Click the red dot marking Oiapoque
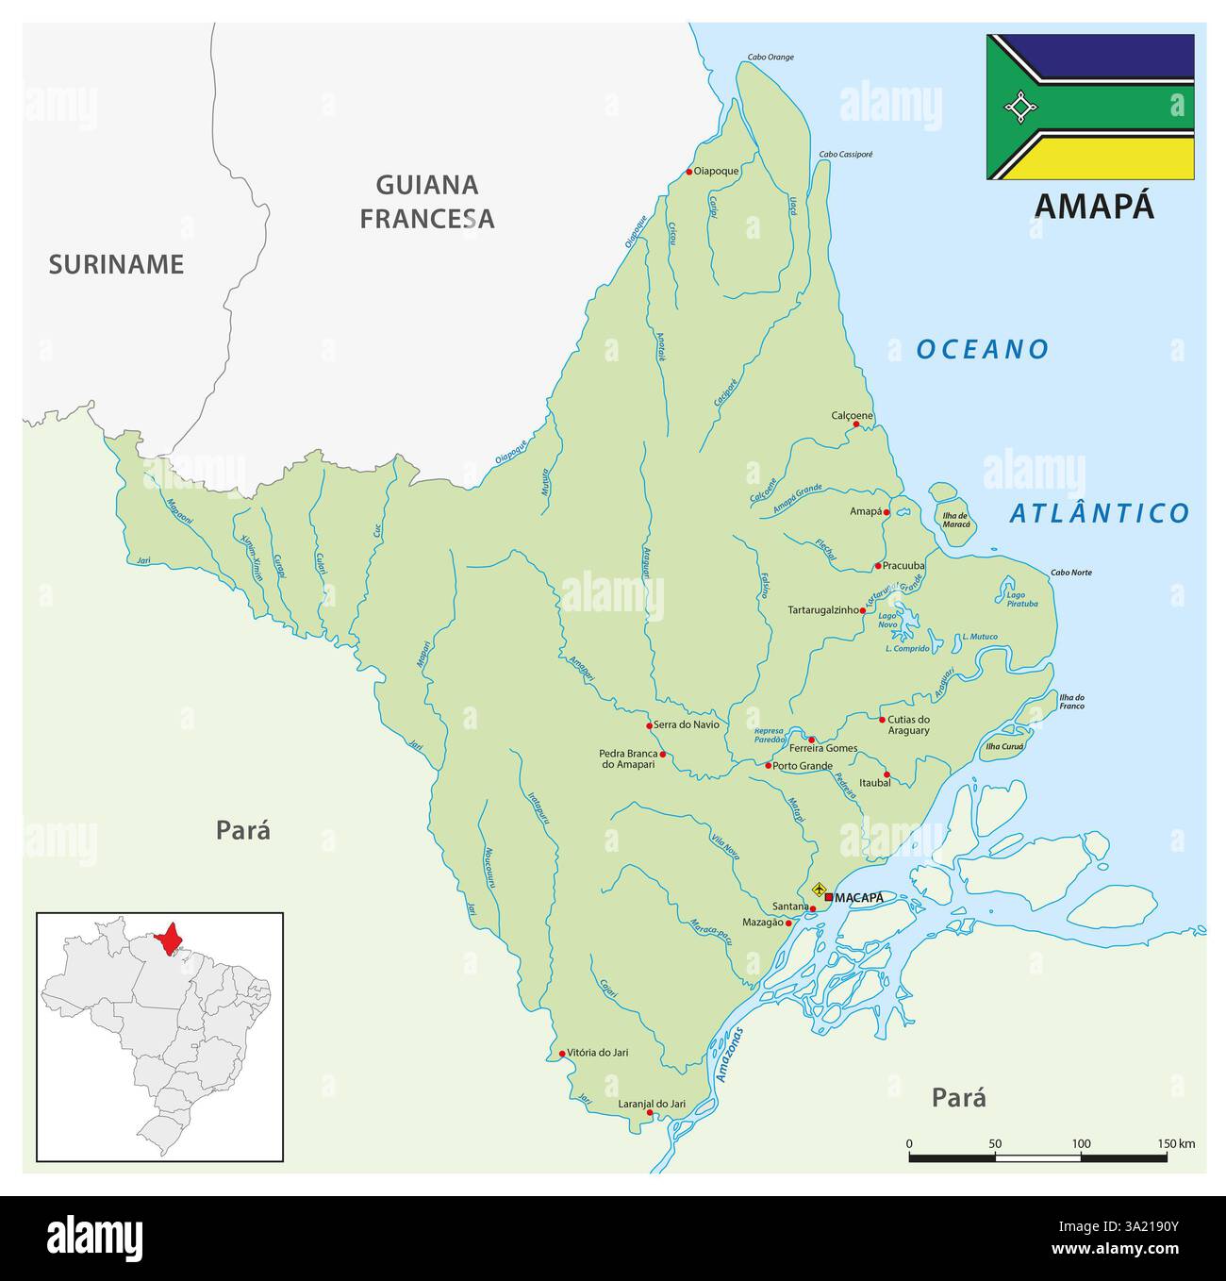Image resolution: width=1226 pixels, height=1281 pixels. [689, 172]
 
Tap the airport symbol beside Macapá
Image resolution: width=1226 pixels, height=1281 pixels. [819, 889]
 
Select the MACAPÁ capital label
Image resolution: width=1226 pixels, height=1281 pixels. [859, 898]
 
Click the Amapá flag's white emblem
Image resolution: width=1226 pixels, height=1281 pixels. [1019, 108]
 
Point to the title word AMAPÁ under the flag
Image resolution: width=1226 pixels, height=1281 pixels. [1094, 206]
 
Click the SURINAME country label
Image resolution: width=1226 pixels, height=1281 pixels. [116, 264]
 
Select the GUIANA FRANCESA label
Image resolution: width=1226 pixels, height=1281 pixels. [427, 202]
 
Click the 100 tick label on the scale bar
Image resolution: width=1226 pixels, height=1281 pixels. [1081, 1144]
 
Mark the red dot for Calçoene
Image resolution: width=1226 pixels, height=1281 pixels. [856, 424]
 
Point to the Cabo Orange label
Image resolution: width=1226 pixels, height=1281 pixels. [770, 57]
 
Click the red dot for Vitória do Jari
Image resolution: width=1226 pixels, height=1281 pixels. [562, 1054]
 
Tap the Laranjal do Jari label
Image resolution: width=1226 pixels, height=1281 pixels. [651, 1103]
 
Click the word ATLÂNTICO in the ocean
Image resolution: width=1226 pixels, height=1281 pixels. [1099, 513]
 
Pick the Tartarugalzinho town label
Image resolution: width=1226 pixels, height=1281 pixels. [823, 610]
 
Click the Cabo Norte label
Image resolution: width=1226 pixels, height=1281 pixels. [1071, 573]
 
